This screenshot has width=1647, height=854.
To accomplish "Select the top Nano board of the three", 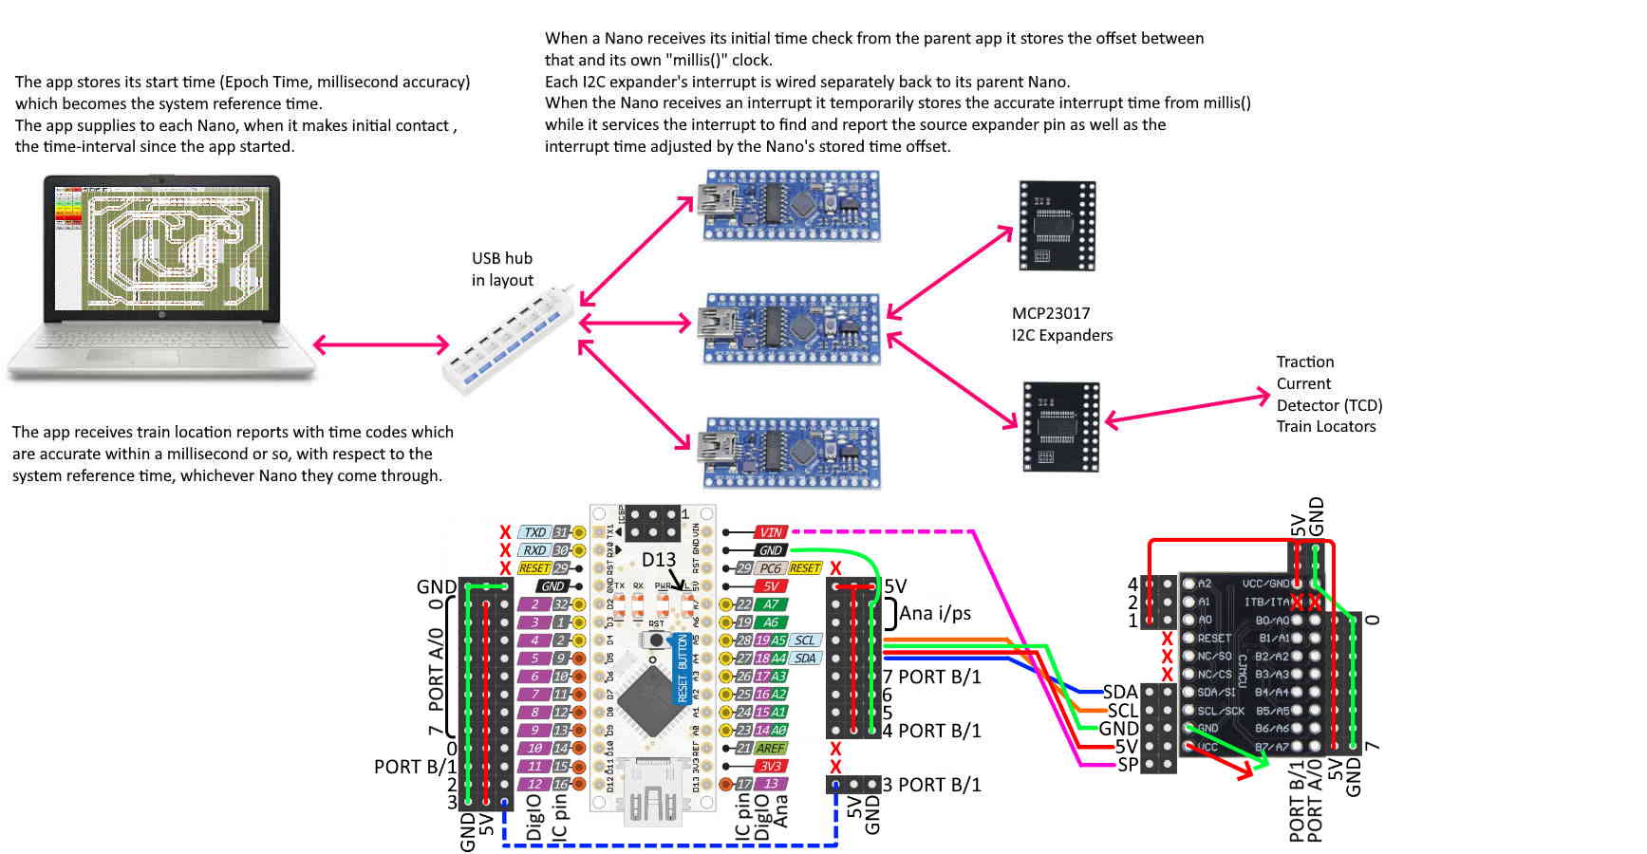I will [790, 205].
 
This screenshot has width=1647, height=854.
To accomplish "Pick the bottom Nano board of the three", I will [790, 451].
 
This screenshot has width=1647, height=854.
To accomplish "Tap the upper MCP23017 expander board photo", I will [1057, 226].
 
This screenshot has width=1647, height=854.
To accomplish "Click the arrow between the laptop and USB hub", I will [381, 344].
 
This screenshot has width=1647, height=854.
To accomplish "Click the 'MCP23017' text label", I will [1050, 313].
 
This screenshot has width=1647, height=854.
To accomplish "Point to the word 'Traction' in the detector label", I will [1304, 362].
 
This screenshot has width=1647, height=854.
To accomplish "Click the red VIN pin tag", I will [771, 532].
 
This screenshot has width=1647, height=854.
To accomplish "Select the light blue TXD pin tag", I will [535, 532].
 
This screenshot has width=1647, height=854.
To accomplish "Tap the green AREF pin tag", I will [771, 748].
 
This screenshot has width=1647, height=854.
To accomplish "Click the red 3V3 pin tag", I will [771, 766].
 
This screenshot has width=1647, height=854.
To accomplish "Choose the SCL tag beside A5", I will [805, 640].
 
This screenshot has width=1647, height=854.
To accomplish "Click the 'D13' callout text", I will [659, 559].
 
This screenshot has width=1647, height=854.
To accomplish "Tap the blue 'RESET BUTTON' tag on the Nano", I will [682, 669].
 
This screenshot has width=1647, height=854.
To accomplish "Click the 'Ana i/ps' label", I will [935, 613].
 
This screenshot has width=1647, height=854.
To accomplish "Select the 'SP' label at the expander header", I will [1127, 764].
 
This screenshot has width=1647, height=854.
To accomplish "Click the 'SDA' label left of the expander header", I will [1120, 692].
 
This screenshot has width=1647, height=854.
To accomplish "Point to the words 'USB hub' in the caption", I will [502, 258].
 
